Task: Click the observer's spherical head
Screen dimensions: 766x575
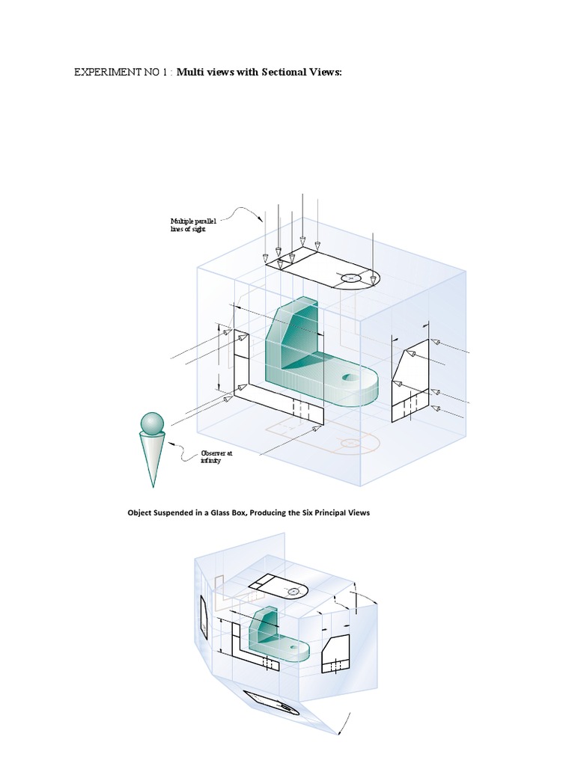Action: tap(152, 423)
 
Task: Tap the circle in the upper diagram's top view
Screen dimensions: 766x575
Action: tap(351, 279)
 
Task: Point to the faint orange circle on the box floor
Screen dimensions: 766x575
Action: tap(349, 444)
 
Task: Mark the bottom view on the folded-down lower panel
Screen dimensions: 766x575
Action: tap(272, 704)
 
